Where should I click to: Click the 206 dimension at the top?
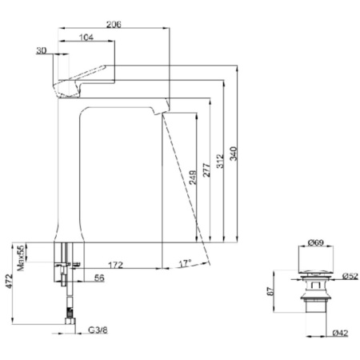click(x=114, y=25)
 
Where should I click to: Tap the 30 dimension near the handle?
click(x=42, y=51)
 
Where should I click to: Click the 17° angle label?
click(x=185, y=262)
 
